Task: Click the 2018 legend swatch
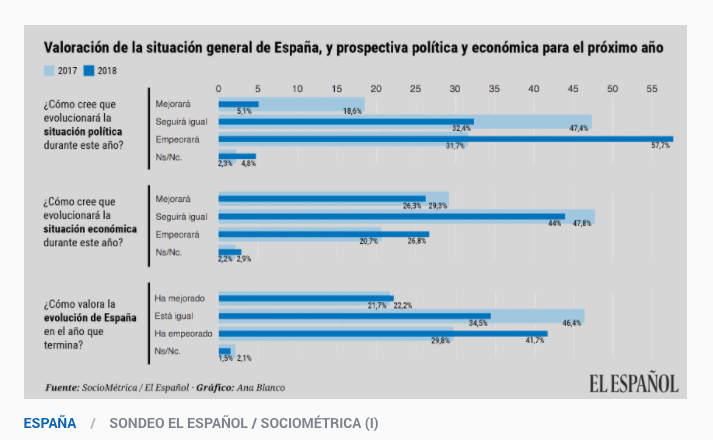(x=89, y=70)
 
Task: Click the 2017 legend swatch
(x=48, y=70)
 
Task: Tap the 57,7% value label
(x=660, y=146)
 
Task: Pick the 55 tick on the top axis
(x=651, y=89)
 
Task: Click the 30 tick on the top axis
(x=455, y=89)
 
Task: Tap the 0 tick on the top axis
(x=219, y=89)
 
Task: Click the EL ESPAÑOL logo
(x=632, y=383)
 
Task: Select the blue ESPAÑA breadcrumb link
(x=50, y=423)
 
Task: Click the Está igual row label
(x=172, y=316)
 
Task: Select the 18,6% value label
(x=352, y=111)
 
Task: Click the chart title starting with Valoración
(x=352, y=47)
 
